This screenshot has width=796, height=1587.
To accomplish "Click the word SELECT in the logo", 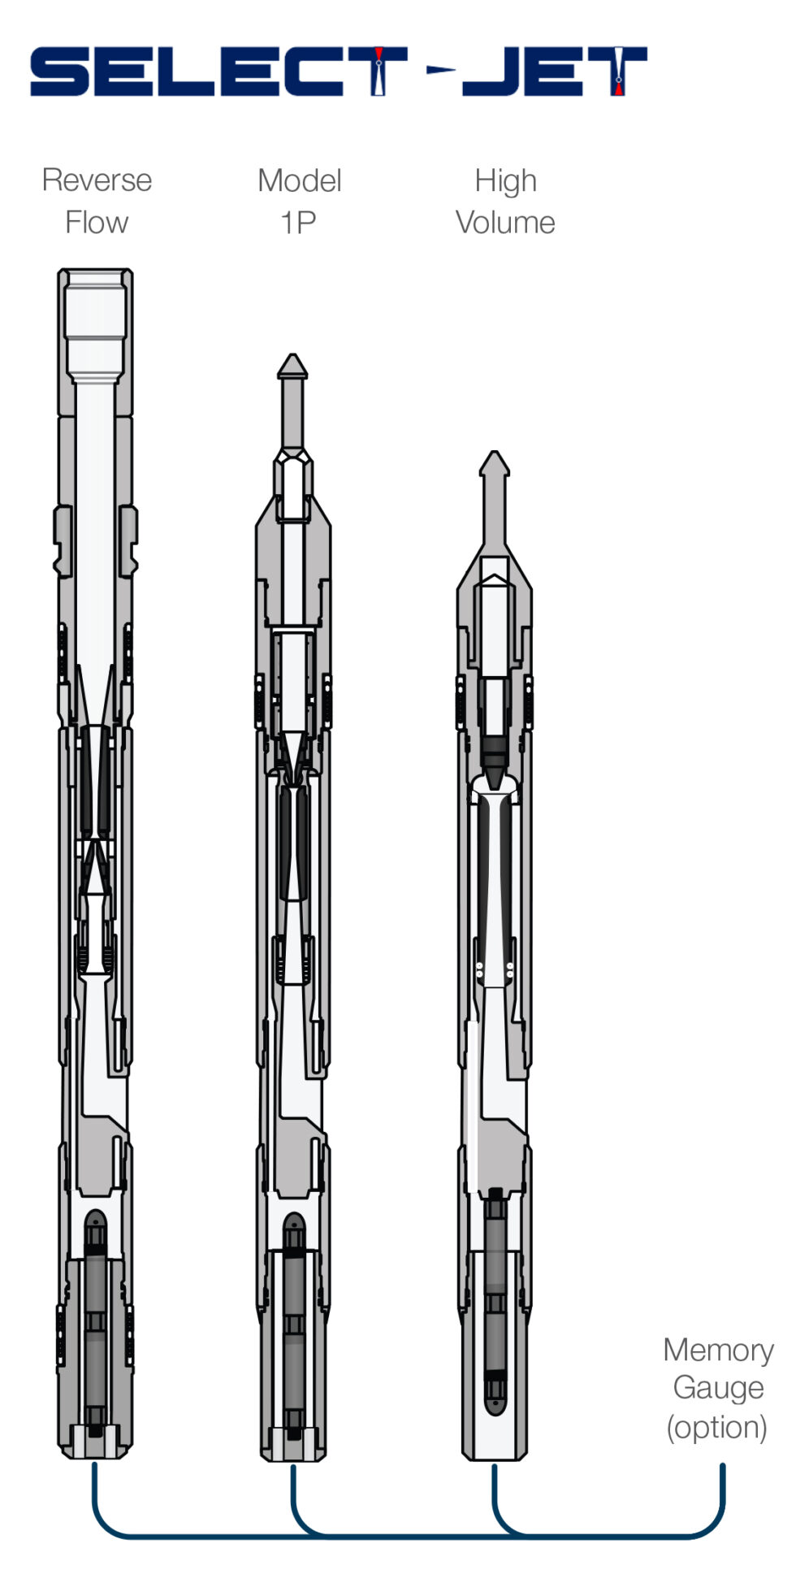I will pos(218,72).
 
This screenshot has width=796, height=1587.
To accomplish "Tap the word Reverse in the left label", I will pos(97,180).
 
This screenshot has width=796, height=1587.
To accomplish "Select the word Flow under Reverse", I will pos(97,223).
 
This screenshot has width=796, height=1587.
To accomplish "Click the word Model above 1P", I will pos(299,180).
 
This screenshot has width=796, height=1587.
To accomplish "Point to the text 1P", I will pos(298,223).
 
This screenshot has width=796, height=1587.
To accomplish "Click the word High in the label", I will pos(505,180).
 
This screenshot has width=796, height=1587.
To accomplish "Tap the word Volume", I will pos(505,223).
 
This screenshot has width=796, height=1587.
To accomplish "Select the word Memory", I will pos(718,1350).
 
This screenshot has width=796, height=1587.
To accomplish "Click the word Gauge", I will pos(718,1388).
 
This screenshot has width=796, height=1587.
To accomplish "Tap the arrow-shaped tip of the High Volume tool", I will pos(494,464).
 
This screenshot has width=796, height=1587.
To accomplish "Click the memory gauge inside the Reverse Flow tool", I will pos(96,1325).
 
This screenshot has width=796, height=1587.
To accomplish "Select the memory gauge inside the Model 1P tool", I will pos(294,1325).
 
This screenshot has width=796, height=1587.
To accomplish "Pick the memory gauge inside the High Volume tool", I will pos(495,1300).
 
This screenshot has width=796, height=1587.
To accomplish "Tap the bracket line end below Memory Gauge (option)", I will pos(722,1469).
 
